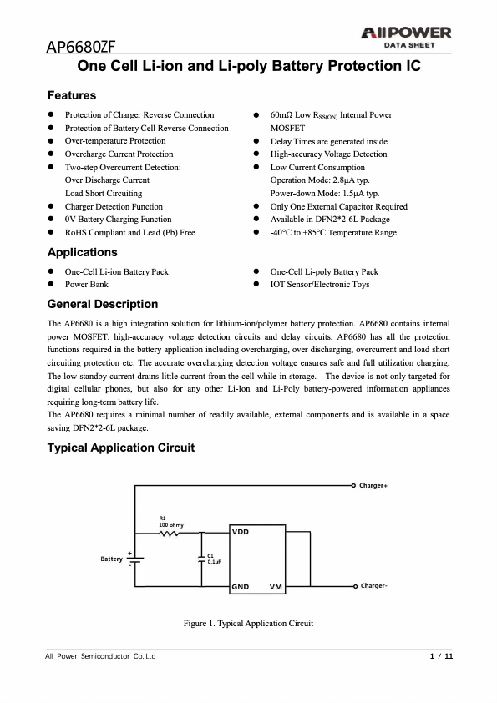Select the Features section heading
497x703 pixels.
point(72,95)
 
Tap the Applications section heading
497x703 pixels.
point(83,252)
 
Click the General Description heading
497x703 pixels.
point(103,304)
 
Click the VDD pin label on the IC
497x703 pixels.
point(241,533)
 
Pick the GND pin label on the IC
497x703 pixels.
point(241,587)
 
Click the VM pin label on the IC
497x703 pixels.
point(275,587)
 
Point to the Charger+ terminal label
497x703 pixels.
point(374,485)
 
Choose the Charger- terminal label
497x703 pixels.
point(373,586)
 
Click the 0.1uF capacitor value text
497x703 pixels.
point(213,563)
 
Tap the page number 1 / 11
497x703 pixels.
point(441,656)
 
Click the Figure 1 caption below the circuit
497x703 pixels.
point(248,624)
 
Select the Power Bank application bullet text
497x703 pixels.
point(87,285)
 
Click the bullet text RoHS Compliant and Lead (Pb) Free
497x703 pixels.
point(129,232)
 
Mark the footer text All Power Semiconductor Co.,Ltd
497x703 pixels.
point(100,656)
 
